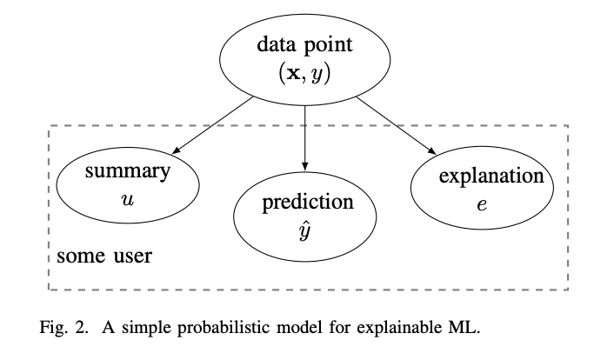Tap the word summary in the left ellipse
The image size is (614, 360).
click(x=127, y=171)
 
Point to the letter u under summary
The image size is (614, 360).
click(x=127, y=199)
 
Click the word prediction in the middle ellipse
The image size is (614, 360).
click(x=307, y=203)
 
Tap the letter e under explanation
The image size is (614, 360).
click(x=482, y=207)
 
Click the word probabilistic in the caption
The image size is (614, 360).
click(x=208, y=330)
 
